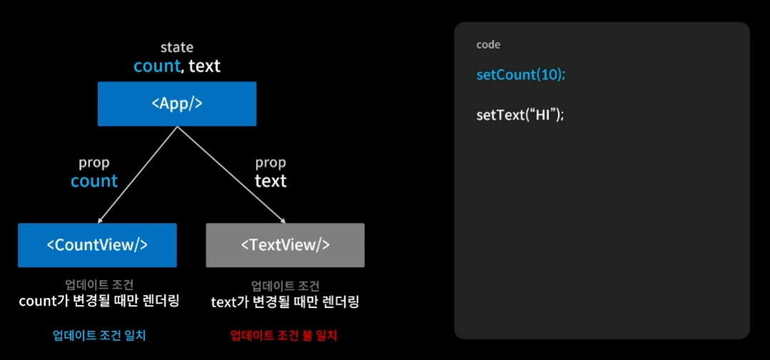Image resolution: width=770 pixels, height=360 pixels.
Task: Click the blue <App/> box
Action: [x=176, y=104]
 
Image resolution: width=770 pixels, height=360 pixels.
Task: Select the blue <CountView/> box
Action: [x=97, y=245]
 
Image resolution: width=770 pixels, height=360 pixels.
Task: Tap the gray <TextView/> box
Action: [x=285, y=245]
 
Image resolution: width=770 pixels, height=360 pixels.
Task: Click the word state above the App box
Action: [x=176, y=48]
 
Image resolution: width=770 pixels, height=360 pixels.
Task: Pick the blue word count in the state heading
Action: [x=156, y=66]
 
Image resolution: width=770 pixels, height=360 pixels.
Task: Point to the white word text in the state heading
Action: [x=204, y=66]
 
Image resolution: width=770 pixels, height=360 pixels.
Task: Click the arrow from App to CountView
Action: [x=136, y=175]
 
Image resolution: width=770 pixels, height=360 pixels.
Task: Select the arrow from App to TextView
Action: [x=231, y=175]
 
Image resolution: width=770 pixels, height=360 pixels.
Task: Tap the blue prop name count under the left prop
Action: [x=94, y=181]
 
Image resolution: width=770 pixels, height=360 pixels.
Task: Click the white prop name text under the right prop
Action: [x=271, y=181]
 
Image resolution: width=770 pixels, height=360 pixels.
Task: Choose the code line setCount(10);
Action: [x=521, y=75]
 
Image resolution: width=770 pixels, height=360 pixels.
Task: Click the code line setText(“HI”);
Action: [x=520, y=115]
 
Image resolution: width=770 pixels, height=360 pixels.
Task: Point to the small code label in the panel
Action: [x=489, y=45]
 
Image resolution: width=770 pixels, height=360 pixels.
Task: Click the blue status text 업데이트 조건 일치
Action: [x=99, y=335]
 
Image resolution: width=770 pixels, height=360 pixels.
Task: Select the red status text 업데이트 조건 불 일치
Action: [x=284, y=335]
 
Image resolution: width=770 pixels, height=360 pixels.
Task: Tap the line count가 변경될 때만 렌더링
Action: [x=99, y=301]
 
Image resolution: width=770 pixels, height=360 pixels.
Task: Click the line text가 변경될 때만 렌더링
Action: [x=285, y=302]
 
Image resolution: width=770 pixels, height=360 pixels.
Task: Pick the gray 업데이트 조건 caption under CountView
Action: [x=98, y=284]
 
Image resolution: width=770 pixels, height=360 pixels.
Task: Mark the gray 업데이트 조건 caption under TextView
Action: [x=285, y=285]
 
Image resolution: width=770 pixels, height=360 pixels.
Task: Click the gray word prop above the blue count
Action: [x=94, y=163]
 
